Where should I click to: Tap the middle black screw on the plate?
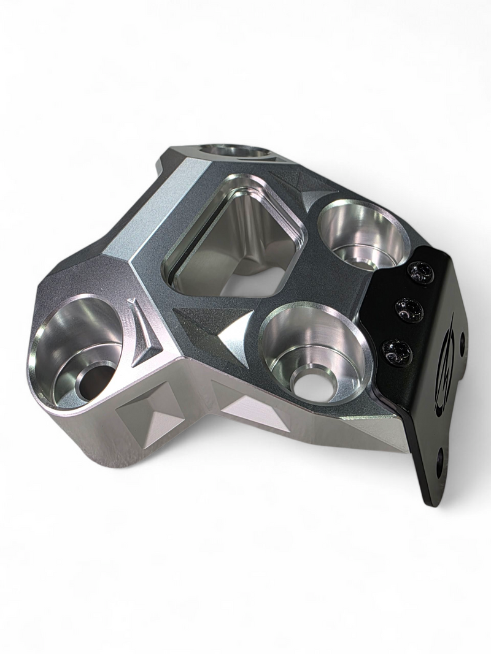point(409,310)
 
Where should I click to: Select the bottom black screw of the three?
point(397,352)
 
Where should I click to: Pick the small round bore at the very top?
point(230,151)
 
